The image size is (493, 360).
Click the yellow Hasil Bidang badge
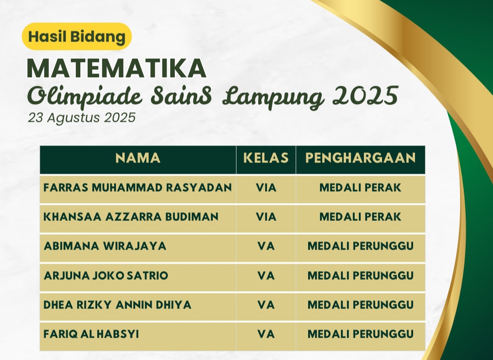[77, 37]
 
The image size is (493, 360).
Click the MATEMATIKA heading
[117, 68]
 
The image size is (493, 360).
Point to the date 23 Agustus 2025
[82, 118]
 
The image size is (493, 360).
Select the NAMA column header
[138, 158]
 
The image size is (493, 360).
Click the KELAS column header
[266, 158]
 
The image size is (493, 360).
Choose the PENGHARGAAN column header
[360, 158]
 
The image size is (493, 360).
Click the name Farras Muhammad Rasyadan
[138, 188]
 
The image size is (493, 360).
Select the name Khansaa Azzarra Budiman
[131, 217]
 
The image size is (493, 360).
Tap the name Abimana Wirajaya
[105, 246]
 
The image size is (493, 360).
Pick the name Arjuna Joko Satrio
[106, 276]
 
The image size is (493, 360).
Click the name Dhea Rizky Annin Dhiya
[117, 305]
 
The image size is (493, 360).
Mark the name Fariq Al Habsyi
[91, 334]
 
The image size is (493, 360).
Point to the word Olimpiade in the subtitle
[85, 97]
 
